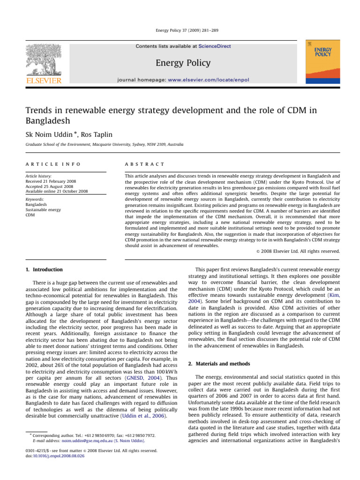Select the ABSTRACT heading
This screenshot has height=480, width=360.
(x=143, y=165)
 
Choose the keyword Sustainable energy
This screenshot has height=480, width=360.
(x=43, y=210)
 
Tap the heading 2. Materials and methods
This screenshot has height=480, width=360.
(x=220, y=350)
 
